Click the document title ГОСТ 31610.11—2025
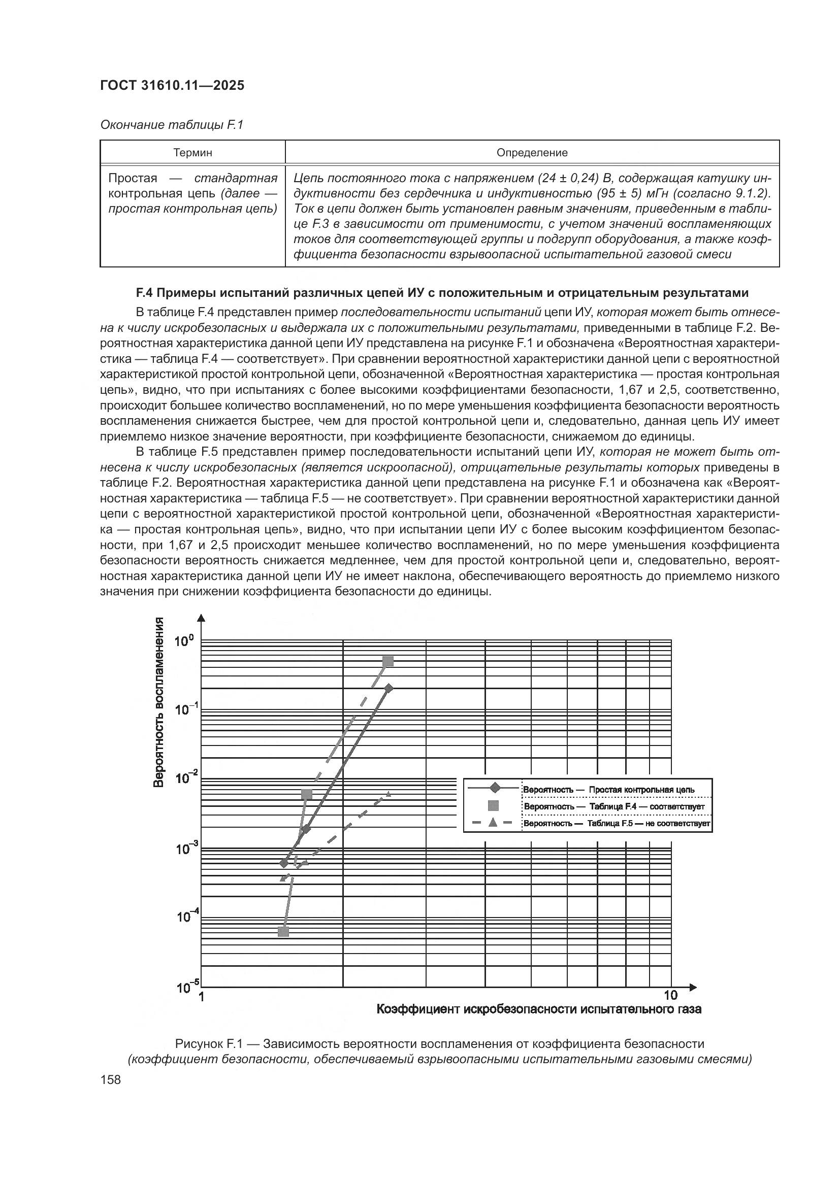[172, 86]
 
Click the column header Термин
[192, 153]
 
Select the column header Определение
[532, 153]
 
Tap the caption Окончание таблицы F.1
[171, 125]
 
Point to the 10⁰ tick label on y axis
[184, 642]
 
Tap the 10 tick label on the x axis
[670, 995]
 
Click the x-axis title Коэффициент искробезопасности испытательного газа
[538, 1009]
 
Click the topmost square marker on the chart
[388, 662]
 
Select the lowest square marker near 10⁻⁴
[283, 931]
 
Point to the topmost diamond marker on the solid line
[389, 688]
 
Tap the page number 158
[110, 1079]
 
